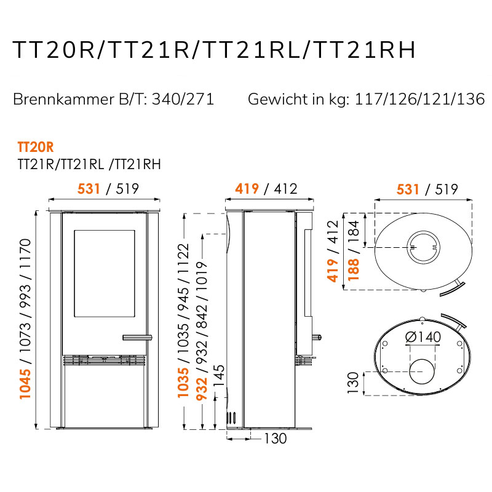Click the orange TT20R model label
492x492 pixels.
[36, 147]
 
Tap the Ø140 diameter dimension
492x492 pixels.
[423, 337]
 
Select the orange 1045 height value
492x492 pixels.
[25, 384]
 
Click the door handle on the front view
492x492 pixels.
[137, 338]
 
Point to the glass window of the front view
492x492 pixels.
[105, 273]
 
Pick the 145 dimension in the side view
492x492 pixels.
[219, 376]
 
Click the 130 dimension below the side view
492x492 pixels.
[275, 438]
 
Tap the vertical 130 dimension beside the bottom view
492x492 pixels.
[353, 383]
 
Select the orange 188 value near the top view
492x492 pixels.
[353, 269]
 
